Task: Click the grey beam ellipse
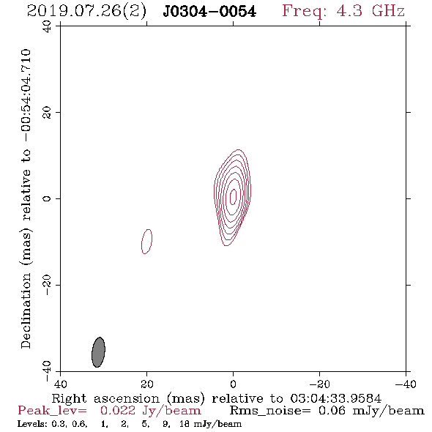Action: coord(98,352)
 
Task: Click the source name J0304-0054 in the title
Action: coord(209,11)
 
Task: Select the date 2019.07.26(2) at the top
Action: coord(86,11)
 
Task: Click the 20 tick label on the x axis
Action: coord(147,384)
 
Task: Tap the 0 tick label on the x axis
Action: coord(233,384)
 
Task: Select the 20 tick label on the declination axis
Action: coord(47,113)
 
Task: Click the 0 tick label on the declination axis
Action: coord(47,198)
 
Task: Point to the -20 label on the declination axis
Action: coord(47,285)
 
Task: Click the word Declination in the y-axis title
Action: coord(26,310)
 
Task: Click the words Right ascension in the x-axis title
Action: coord(105,398)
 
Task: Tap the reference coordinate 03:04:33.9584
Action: coord(336,398)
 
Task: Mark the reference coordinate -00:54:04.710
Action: coord(26,95)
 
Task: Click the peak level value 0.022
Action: coord(118,411)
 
